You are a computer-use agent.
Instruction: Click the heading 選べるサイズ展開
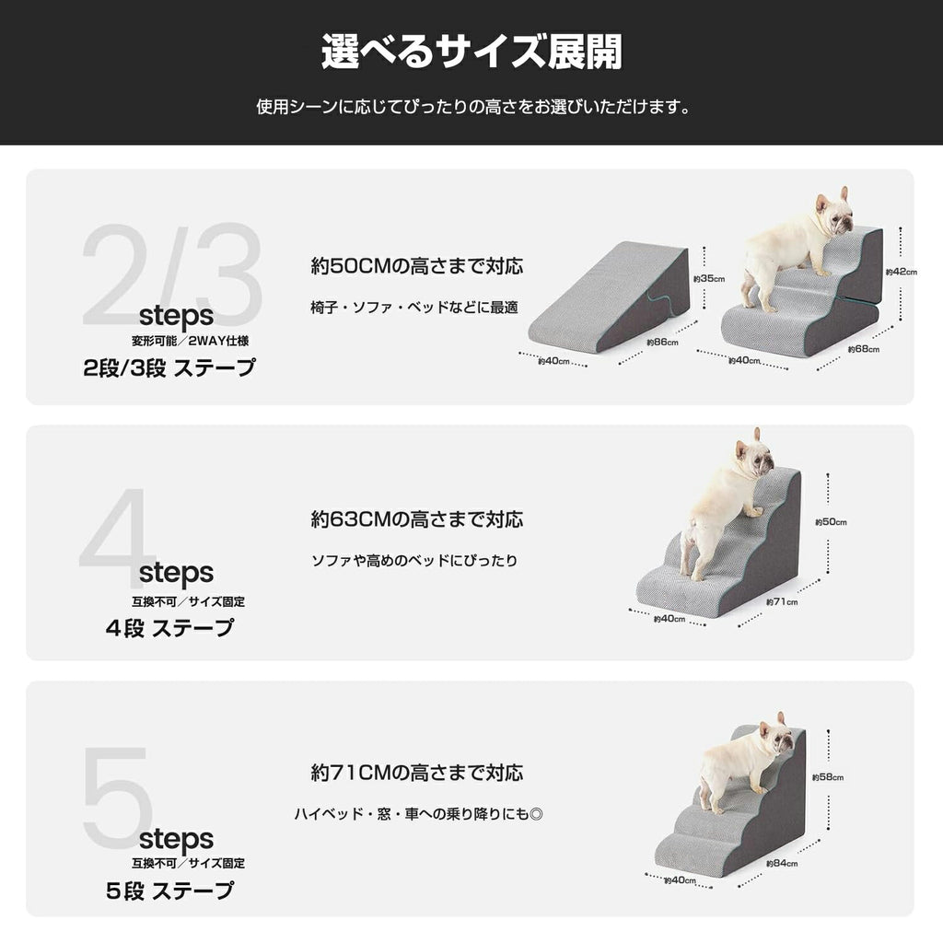point(471,52)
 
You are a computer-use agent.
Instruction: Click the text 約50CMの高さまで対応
point(417,266)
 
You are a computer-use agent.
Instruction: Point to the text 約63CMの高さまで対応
point(417,519)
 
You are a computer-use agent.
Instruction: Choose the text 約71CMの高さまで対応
point(417,772)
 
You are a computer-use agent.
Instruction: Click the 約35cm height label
point(708,278)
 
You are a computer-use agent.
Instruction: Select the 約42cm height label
point(902,272)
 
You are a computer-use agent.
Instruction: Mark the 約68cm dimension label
point(864,349)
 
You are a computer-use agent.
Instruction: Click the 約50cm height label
point(830,522)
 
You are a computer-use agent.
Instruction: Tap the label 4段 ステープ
point(169,629)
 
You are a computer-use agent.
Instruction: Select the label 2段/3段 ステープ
point(169,368)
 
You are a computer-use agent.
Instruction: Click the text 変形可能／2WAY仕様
point(189,341)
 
